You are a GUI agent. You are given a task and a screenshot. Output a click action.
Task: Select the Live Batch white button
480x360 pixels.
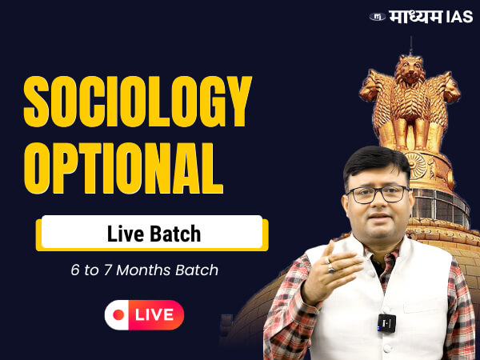(x=152, y=233)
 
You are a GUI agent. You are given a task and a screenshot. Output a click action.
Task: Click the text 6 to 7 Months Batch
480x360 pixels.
(x=144, y=270)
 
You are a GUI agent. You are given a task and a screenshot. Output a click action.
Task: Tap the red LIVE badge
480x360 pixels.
(x=144, y=314)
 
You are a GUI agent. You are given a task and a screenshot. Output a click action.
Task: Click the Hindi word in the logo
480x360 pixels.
(x=416, y=16)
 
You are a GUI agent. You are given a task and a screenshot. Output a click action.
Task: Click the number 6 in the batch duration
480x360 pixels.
(x=74, y=270)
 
